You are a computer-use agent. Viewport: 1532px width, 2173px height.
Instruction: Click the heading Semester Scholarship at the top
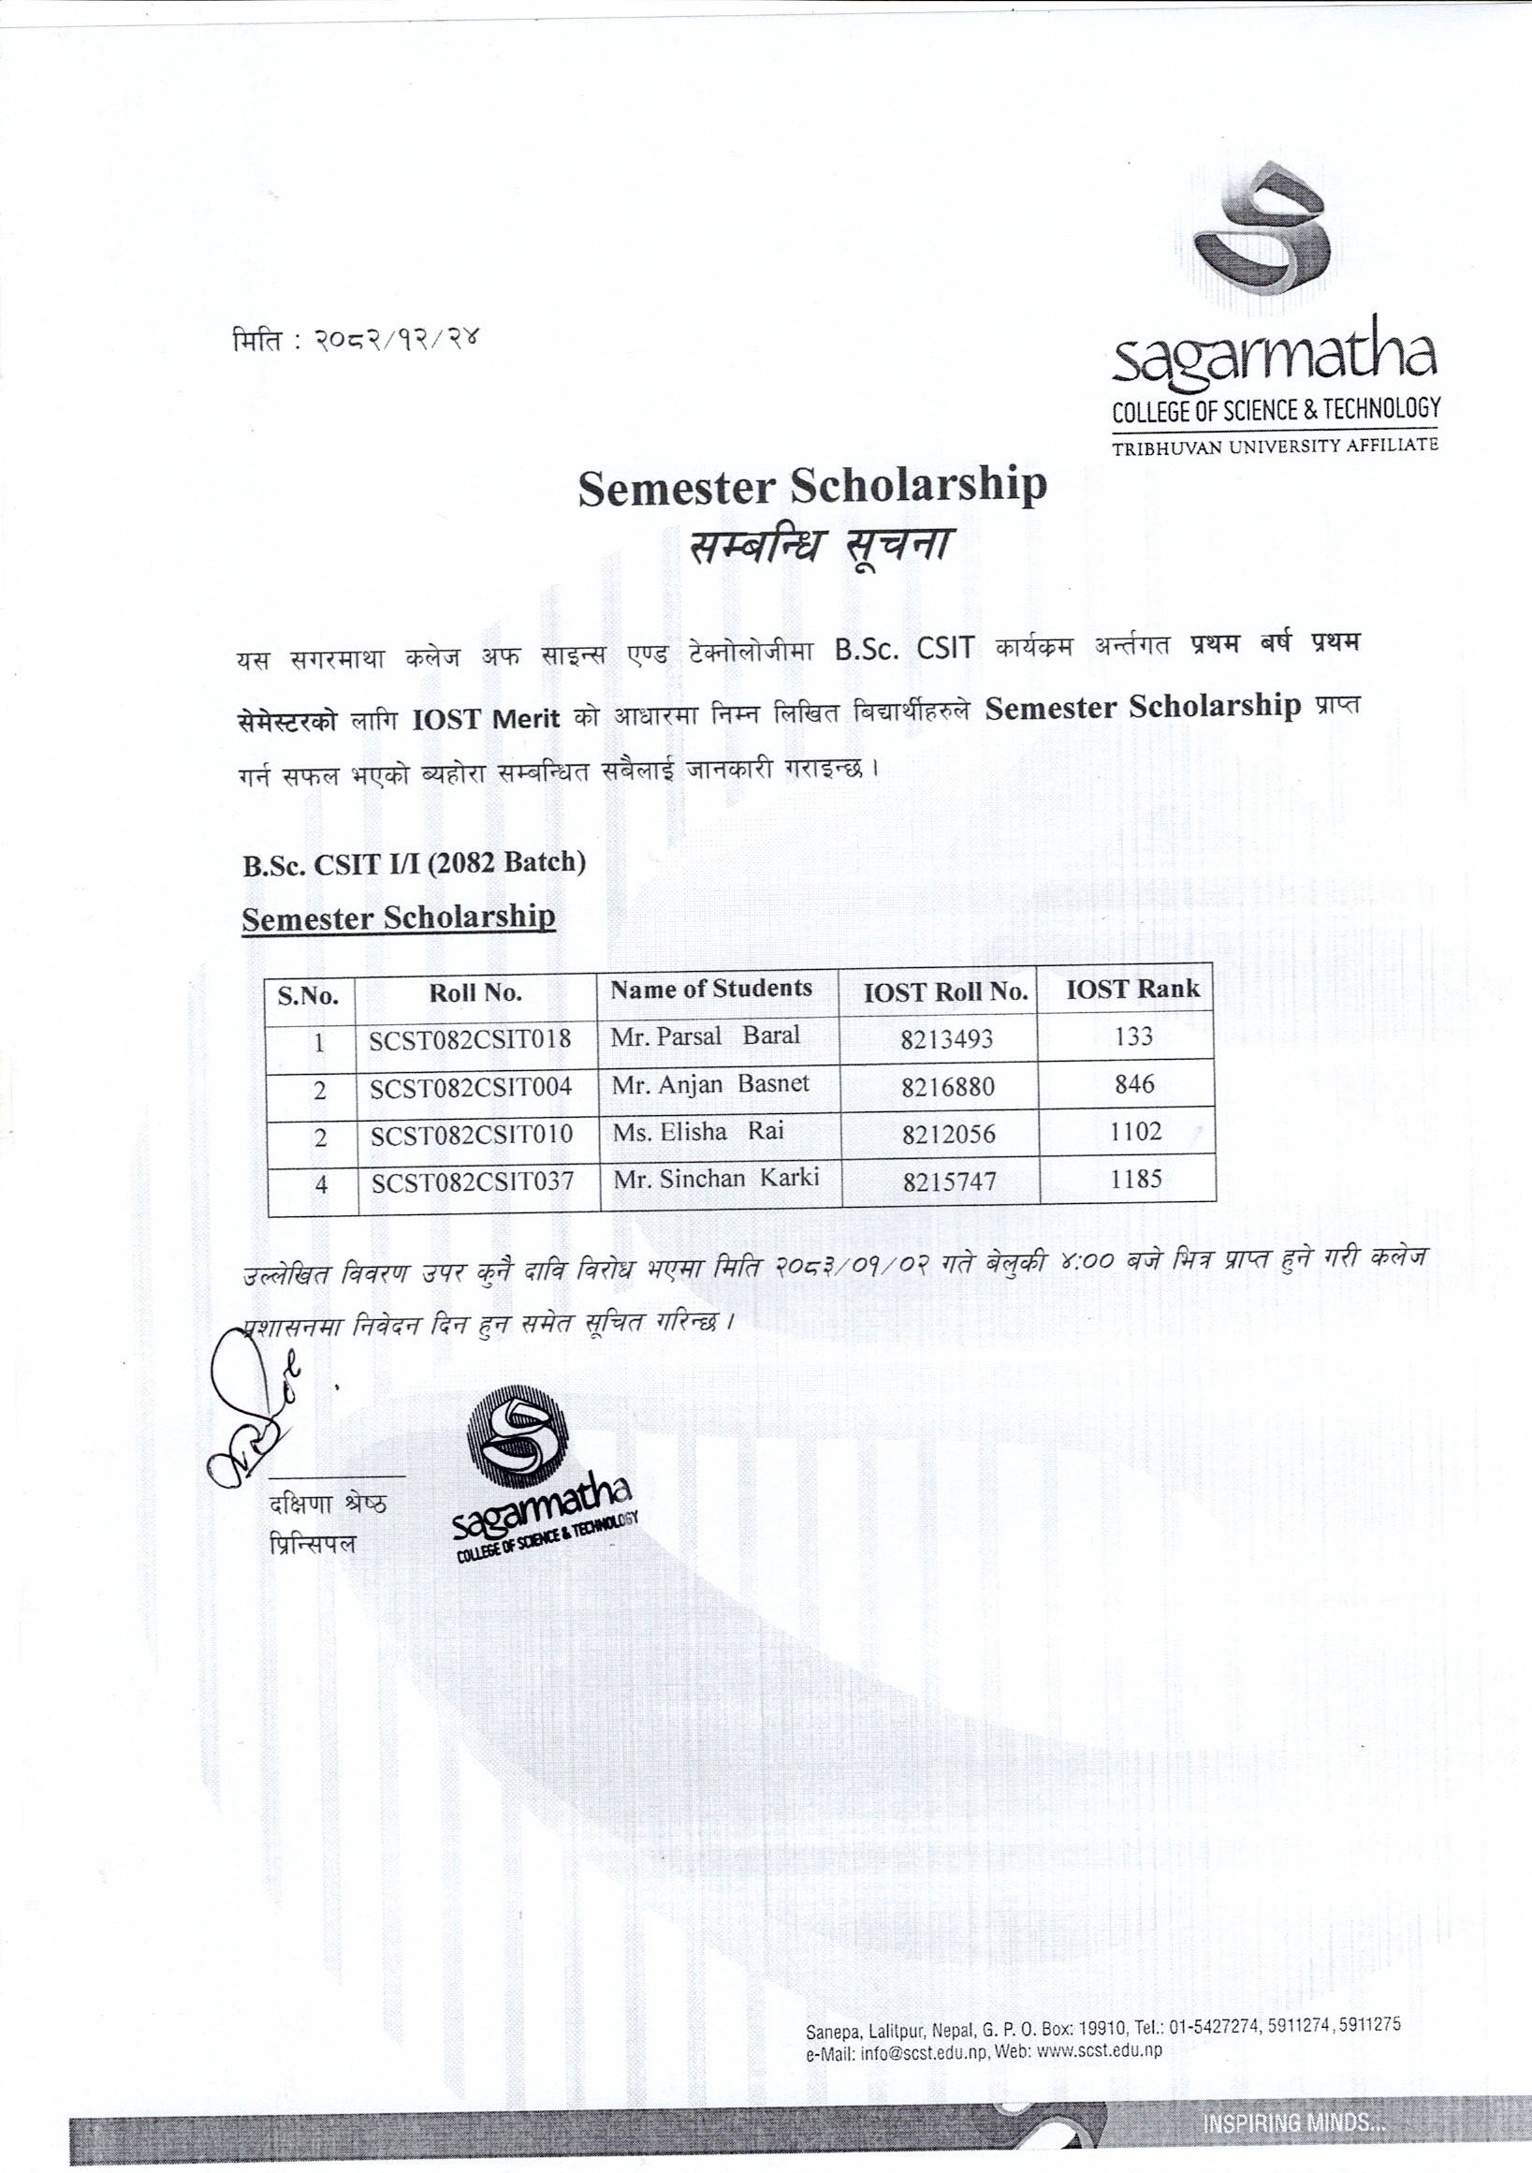pyautogui.click(x=812, y=487)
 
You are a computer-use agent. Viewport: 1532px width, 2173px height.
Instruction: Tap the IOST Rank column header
pyautogui.click(x=1131, y=989)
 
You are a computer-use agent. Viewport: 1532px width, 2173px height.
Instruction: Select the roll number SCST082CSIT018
pyautogui.click(x=471, y=1039)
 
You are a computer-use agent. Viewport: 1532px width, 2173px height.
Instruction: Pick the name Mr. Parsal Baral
pyautogui.click(x=705, y=1035)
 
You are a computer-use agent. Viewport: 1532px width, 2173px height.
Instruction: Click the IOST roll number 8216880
pyautogui.click(x=947, y=1086)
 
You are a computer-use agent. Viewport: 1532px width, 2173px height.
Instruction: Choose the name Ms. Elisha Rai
pyautogui.click(x=697, y=1131)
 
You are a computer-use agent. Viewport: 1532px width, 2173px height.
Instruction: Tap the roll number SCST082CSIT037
pyautogui.click(x=473, y=1182)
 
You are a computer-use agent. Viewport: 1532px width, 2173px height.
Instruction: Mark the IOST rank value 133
pyautogui.click(x=1133, y=1037)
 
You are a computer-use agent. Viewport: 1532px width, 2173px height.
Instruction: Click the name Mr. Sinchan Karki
pyautogui.click(x=715, y=1179)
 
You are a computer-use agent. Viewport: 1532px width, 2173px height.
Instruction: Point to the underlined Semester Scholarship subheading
pyautogui.click(x=399, y=918)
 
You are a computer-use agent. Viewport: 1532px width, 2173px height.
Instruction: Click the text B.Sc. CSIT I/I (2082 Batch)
pyautogui.click(x=414, y=862)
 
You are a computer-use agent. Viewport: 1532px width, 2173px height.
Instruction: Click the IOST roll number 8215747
pyautogui.click(x=947, y=1182)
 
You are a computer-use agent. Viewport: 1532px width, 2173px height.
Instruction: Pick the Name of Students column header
pyautogui.click(x=710, y=989)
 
